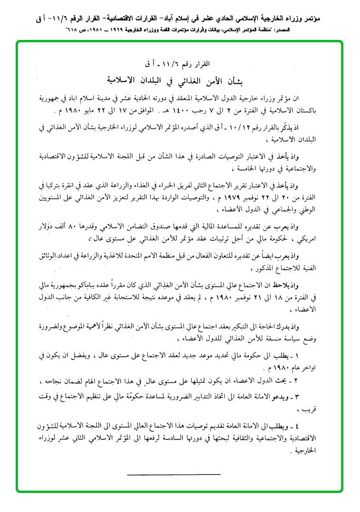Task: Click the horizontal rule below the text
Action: (174, 474)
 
